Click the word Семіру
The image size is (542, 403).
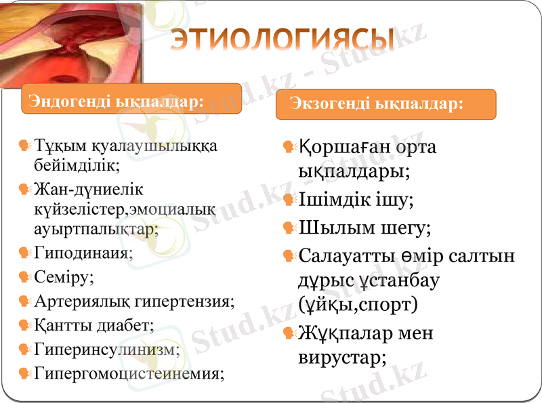[64, 277]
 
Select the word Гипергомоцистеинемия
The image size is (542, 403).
[129, 373]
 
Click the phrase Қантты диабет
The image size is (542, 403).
[94, 325]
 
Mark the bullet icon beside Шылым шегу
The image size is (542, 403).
[289, 228]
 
